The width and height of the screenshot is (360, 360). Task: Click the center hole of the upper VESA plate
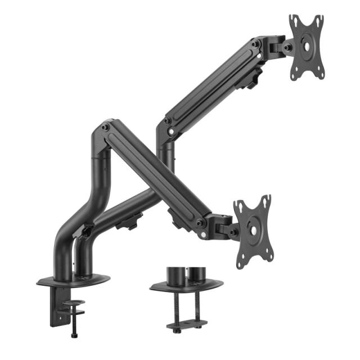click(307, 45)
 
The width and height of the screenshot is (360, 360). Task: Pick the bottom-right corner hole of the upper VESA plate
click(320, 71)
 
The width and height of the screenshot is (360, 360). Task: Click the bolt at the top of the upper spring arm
click(256, 43)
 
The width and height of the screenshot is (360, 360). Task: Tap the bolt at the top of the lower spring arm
click(105, 127)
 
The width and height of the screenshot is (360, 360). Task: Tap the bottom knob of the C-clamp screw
click(74, 335)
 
